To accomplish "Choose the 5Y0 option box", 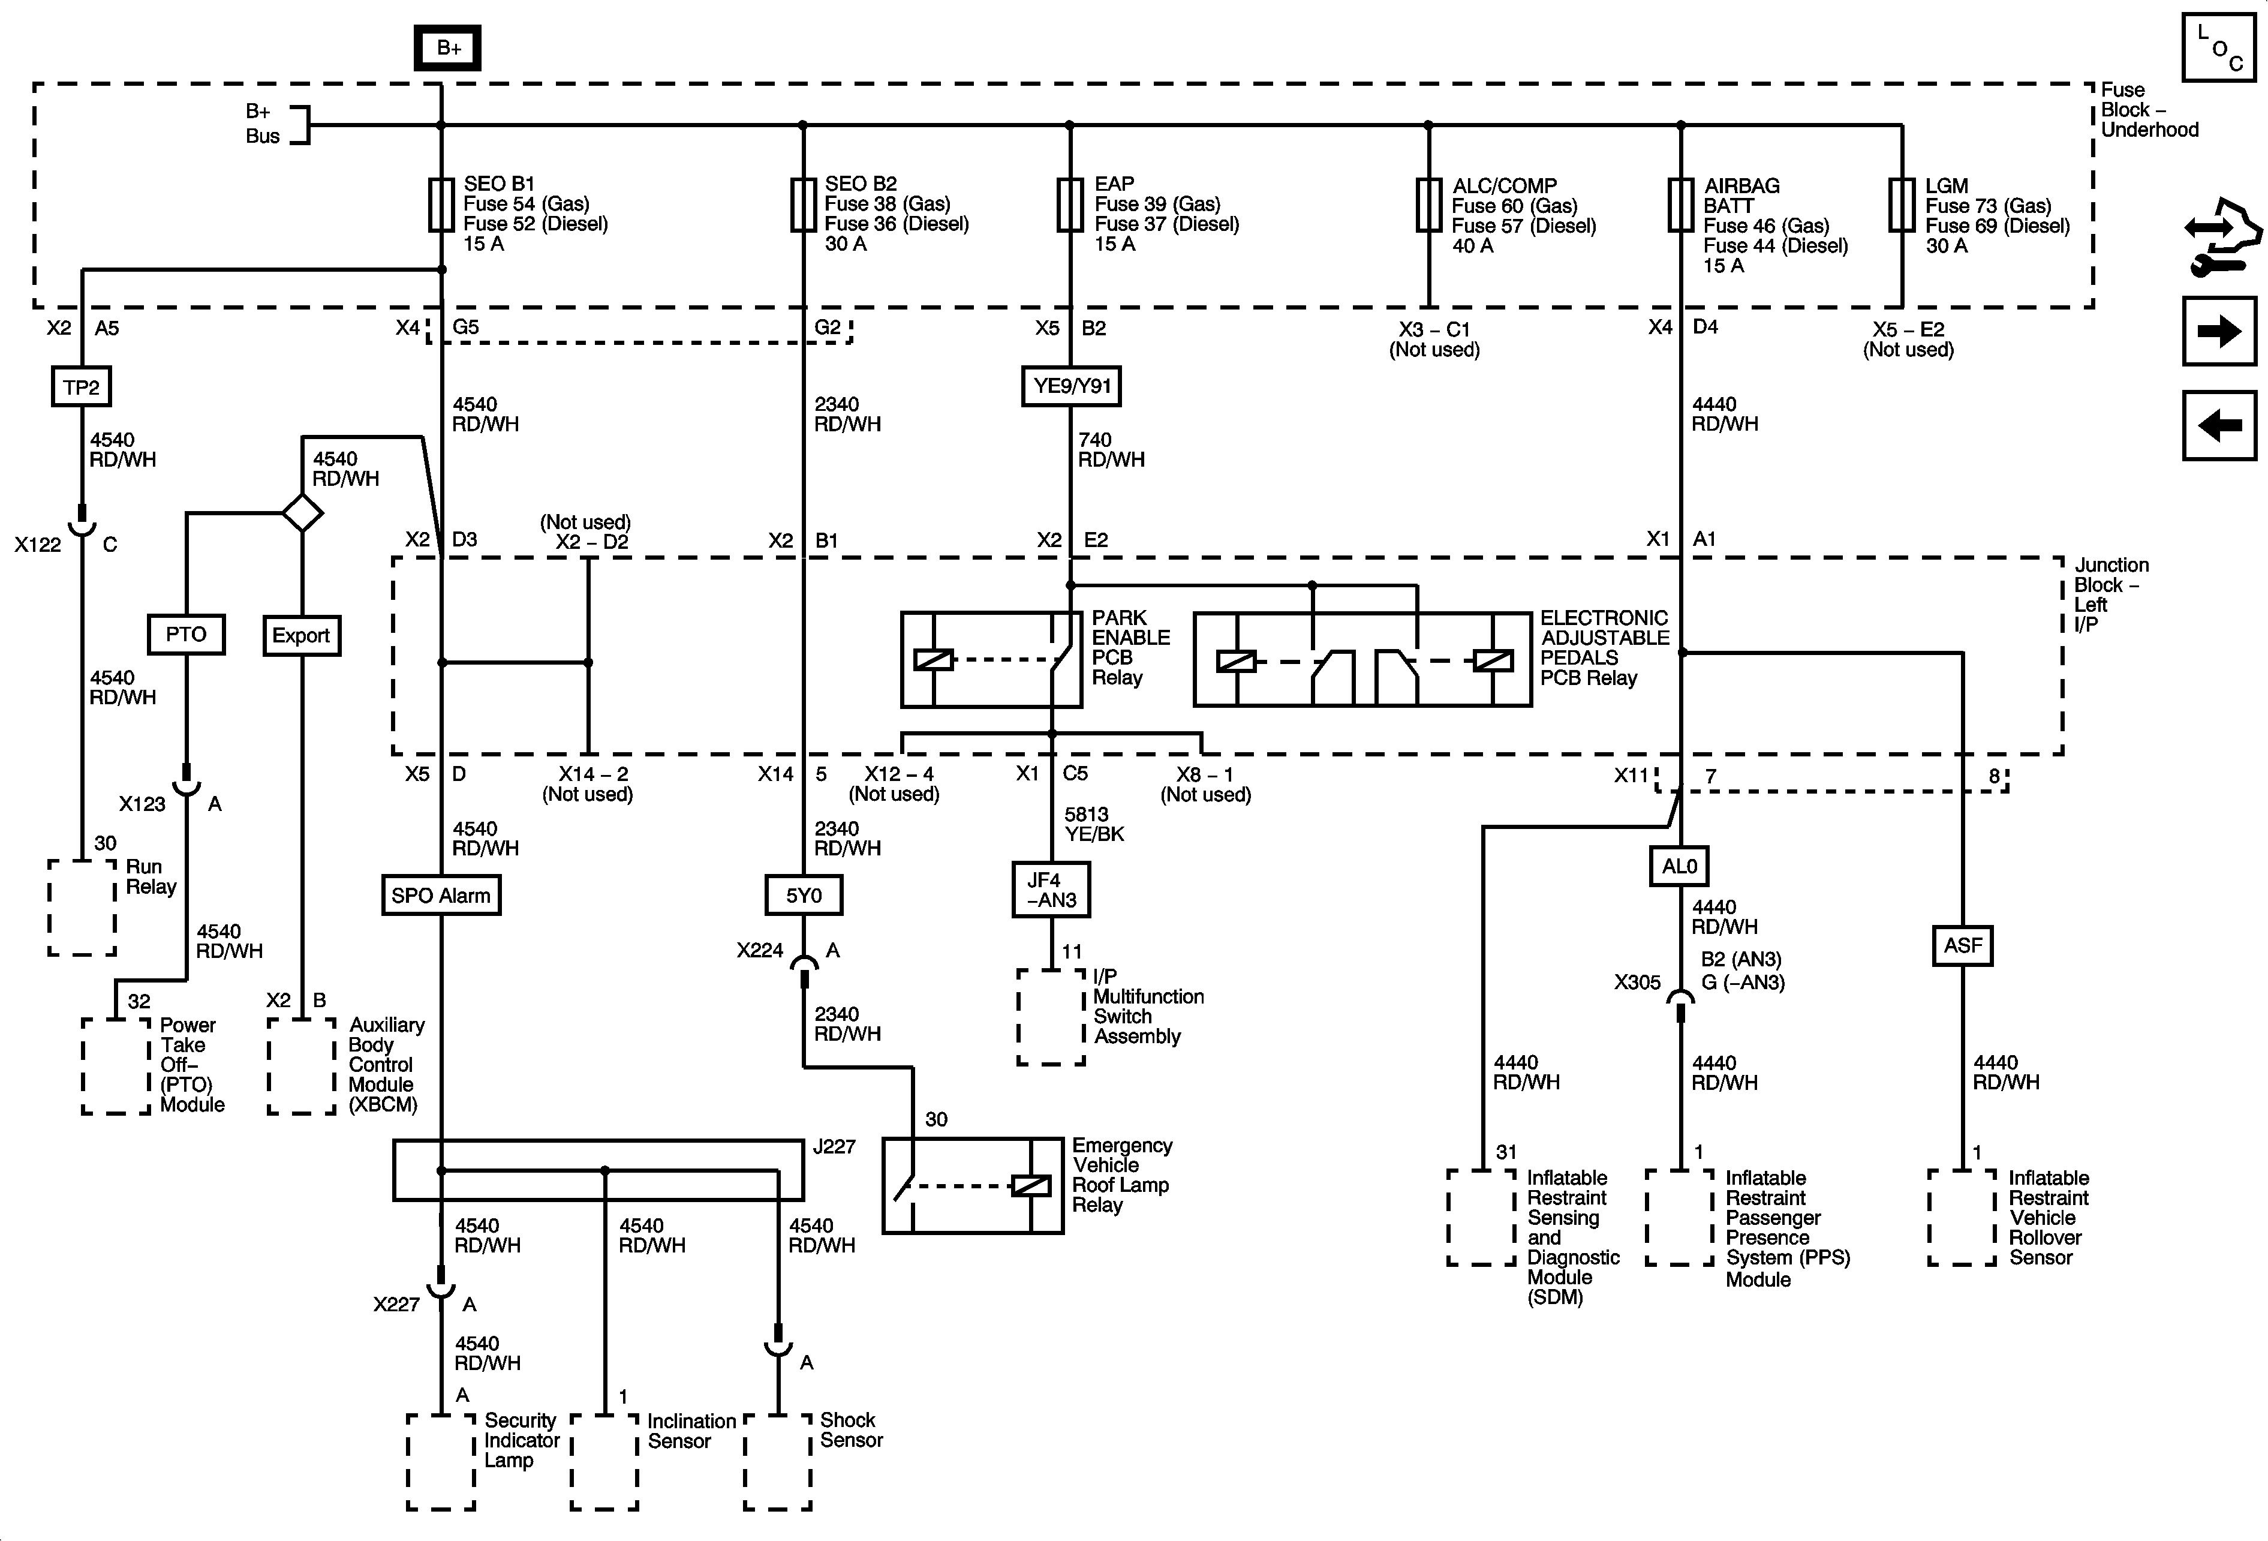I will click(x=803, y=895).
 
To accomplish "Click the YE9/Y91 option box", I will click(x=1072, y=386).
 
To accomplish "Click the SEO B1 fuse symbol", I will click(x=441, y=205).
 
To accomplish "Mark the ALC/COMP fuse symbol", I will click(x=1428, y=205).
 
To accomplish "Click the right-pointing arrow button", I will click(x=2219, y=331).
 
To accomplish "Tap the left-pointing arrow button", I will click(x=2219, y=425).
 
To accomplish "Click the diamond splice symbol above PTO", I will click(x=302, y=512).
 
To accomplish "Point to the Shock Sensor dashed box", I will click(x=778, y=1461).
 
